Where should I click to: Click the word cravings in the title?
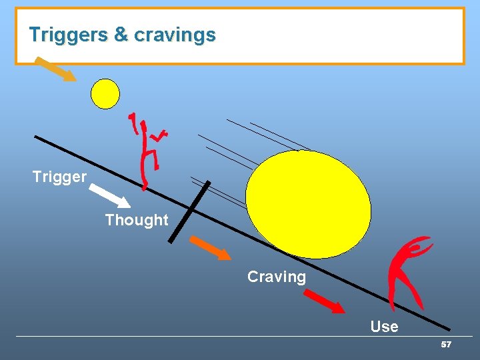(175, 35)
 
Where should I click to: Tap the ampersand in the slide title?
(121, 35)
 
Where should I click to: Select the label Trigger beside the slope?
(59, 177)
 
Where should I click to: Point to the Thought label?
(137, 220)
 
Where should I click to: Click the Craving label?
(276, 277)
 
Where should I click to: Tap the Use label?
(384, 327)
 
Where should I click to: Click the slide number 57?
(446, 345)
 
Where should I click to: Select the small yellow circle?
(105, 94)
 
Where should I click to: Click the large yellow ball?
(308, 203)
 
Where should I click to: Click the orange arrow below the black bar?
(210, 247)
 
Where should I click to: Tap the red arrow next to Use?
(325, 302)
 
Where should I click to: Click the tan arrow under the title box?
(55, 69)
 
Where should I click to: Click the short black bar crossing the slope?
(189, 211)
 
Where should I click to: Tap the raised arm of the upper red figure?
(135, 122)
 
